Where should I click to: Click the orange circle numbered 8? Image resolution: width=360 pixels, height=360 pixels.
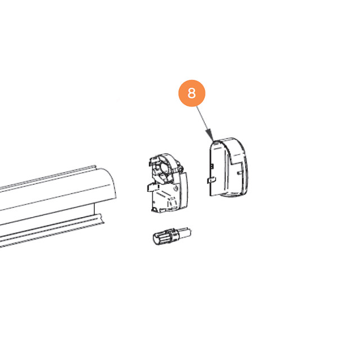click(192, 93)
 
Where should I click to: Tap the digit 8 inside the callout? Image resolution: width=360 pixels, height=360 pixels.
click(192, 93)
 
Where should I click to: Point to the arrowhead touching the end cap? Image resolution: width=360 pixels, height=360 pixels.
click(210, 136)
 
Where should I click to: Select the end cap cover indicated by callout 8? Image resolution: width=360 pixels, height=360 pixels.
click(229, 168)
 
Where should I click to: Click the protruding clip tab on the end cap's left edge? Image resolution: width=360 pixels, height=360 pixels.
click(211, 180)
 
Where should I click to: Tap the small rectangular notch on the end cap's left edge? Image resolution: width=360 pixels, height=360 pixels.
click(212, 166)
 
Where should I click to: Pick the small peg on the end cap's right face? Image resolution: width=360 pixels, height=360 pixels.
click(240, 173)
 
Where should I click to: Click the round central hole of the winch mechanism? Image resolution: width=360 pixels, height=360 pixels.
click(165, 168)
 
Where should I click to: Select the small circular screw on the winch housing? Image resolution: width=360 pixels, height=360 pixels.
click(176, 188)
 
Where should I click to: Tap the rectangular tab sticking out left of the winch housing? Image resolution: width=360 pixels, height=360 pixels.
click(152, 187)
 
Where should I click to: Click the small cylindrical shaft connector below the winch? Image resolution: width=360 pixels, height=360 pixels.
click(172, 236)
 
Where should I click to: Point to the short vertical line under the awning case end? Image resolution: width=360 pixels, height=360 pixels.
click(94, 209)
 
